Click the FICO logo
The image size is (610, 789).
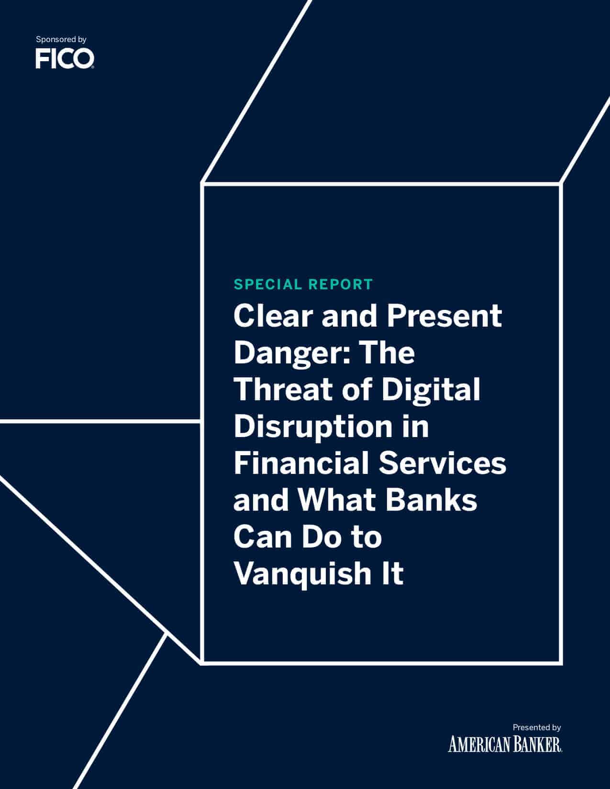coord(65,59)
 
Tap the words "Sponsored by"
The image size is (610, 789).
coord(61,39)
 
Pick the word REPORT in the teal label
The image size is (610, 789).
coord(341,285)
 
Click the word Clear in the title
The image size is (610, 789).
coord(273,316)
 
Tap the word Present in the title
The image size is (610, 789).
coord(444,316)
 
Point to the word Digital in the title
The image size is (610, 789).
coord(431,390)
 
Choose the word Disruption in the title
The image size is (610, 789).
coord(313,427)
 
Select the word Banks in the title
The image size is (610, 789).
coord(431,500)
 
